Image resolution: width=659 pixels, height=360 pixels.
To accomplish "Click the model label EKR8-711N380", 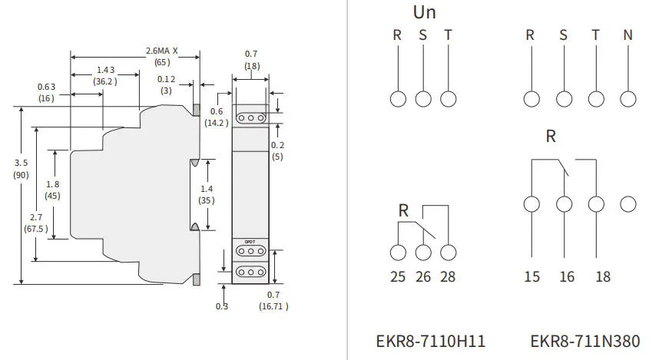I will [584, 341].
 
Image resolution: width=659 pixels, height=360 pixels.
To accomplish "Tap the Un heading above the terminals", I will [424, 12].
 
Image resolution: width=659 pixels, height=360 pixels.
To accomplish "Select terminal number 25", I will [397, 276].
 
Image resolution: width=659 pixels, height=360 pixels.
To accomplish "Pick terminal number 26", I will [423, 276].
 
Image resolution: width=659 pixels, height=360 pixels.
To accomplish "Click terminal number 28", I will [449, 276].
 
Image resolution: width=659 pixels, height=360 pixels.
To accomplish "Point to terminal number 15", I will [532, 276].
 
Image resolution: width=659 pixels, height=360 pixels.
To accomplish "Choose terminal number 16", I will [567, 276].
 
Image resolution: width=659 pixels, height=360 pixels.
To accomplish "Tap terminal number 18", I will [603, 276].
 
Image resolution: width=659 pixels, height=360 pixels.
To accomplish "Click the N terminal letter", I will [628, 35].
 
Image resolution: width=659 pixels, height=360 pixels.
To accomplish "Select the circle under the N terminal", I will [628, 98].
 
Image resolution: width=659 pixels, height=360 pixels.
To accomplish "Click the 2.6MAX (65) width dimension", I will [161, 56].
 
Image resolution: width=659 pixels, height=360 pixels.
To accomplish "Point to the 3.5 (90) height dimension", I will [22, 169].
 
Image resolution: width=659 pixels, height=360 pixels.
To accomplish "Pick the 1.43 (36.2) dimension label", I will [104, 75].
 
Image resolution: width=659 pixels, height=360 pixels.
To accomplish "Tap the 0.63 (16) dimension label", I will [46, 92].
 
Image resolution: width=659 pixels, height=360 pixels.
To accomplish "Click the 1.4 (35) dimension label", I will [207, 194].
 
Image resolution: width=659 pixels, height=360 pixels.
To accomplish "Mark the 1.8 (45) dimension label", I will [52, 190].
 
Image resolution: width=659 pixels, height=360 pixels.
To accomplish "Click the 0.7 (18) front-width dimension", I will [251, 60].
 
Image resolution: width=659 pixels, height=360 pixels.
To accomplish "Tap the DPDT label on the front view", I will [250, 242].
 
